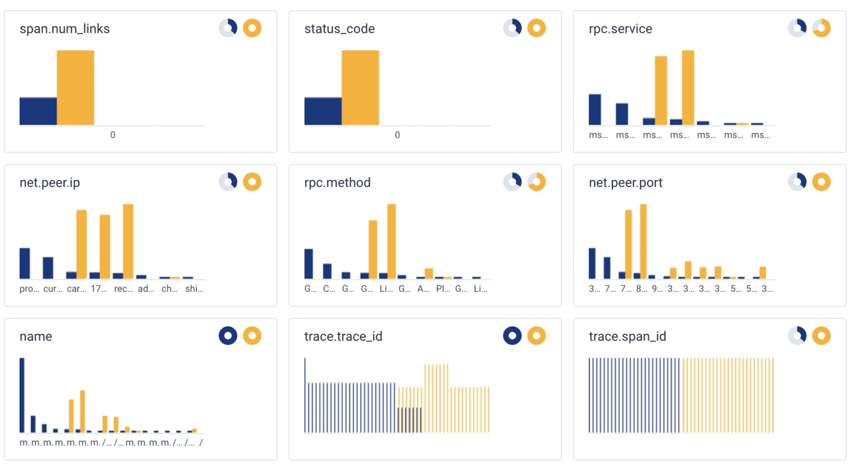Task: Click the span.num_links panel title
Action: [65, 29]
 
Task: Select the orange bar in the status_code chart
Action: [360, 87]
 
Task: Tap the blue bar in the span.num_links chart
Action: [38, 111]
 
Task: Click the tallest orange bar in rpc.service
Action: [688, 87]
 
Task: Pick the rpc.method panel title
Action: [337, 183]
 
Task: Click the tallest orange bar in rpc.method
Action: [391, 241]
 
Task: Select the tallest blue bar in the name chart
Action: [22, 395]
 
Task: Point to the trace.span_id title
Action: [627, 337]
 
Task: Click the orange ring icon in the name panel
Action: [252, 335]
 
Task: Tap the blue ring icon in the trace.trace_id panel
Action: [512, 335]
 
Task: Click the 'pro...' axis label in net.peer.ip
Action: [29, 289]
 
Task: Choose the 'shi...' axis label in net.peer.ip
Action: [194, 289]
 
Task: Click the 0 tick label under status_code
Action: [397, 135]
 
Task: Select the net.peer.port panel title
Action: [625, 183]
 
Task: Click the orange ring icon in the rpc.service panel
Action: [821, 28]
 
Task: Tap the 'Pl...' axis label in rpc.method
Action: [443, 289]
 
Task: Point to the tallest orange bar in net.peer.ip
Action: [128, 241]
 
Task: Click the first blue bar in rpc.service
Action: [595, 110]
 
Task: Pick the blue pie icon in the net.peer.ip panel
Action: [228, 182]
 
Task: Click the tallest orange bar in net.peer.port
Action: [643, 241]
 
